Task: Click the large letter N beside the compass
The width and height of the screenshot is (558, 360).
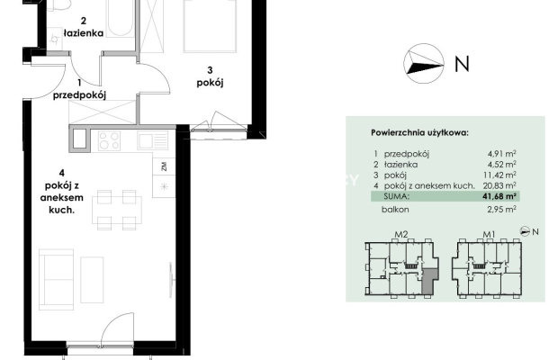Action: coord(462,64)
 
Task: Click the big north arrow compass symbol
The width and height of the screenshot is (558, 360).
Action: coord(424,64)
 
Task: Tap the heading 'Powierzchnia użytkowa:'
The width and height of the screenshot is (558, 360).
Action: coord(419,133)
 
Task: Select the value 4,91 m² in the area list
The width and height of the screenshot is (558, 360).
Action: coord(502,154)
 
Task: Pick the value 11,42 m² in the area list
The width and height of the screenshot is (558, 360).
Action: coord(499,175)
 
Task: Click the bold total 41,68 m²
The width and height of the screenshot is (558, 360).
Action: coord(499,196)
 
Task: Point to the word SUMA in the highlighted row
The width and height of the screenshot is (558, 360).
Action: coord(396,196)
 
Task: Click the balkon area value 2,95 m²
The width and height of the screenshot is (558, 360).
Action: coord(502,210)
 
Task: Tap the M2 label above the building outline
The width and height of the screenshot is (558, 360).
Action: coord(401,234)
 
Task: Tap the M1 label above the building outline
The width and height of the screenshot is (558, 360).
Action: coord(489,234)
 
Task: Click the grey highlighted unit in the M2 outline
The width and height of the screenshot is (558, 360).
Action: coord(429,281)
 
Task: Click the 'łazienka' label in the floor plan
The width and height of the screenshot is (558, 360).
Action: coord(84,33)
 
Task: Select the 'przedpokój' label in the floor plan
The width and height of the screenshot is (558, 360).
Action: coord(80,95)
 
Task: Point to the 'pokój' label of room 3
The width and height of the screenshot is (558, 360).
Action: coord(210,83)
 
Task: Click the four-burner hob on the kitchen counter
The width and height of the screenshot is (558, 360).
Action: coord(109,140)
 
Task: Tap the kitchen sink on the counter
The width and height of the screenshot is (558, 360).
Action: coord(153,140)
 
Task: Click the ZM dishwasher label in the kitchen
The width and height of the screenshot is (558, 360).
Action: coord(164,166)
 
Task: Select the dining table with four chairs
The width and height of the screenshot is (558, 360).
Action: coord(117,210)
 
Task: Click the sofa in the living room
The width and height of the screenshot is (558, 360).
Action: coord(56,280)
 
